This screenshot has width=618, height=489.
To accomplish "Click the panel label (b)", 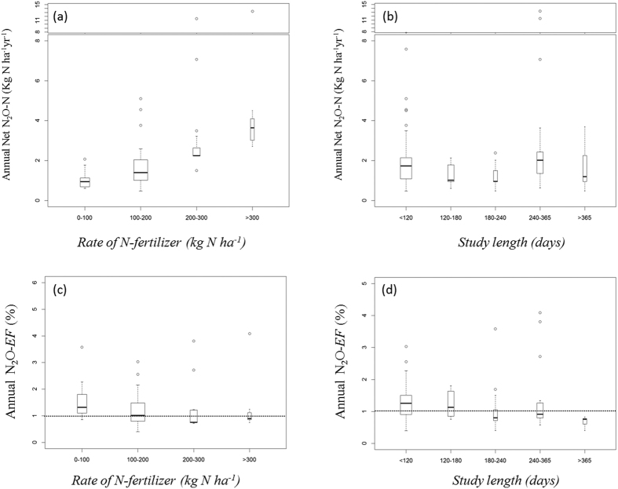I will coord(381,15).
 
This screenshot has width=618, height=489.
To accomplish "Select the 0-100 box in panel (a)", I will coord(84,182).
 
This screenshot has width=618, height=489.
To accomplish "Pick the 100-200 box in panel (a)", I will coord(141,170).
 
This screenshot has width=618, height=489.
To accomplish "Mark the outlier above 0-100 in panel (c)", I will coord(84,347).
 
